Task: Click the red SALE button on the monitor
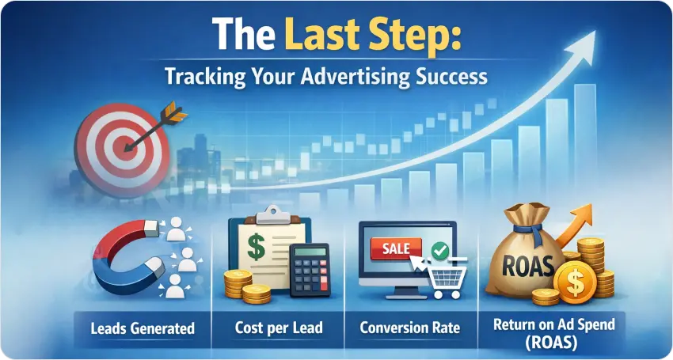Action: (396, 248)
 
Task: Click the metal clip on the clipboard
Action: (273, 214)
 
